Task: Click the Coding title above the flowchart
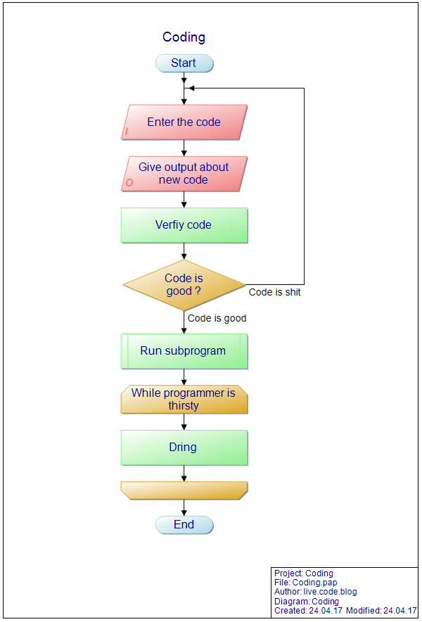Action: (x=184, y=37)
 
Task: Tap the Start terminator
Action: (x=184, y=63)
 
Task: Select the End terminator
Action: (x=184, y=525)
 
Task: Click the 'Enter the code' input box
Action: (x=184, y=122)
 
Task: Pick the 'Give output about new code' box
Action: (x=184, y=174)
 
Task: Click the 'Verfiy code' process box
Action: (x=184, y=225)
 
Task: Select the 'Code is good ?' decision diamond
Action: (x=184, y=285)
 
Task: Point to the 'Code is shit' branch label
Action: (x=274, y=292)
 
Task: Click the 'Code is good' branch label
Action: (x=217, y=318)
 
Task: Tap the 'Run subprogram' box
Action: (x=184, y=351)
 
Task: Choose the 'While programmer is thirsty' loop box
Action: (x=184, y=400)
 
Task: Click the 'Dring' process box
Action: (x=184, y=448)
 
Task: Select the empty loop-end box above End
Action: (x=184, y=490)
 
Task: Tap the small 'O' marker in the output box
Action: (x=129, y=183)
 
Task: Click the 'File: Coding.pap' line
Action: (x=305, y=583)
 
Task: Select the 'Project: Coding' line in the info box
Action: (x=304, y=573)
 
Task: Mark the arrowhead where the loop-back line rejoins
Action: (x=188, y=89)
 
